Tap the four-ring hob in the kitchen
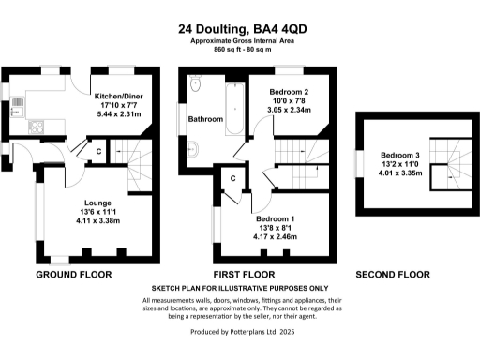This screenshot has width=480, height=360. [37, 126]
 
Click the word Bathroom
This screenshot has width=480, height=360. [204, 120]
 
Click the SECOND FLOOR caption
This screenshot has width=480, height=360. [393, 276]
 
